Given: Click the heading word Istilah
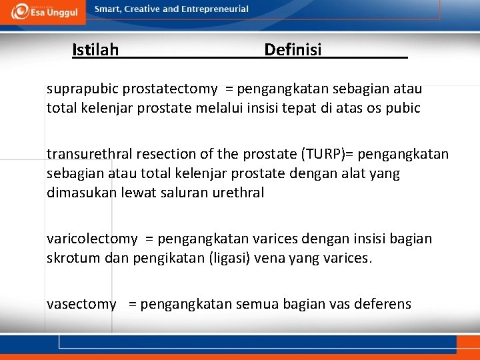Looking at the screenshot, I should click(x=95, y=49).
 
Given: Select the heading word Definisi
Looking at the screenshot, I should click(x=293, y=49).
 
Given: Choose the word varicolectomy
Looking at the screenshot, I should click(x=92, y=239).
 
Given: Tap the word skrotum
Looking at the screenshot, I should click(x=74, y=257).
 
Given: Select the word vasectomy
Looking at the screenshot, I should click(x=81, y=304).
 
